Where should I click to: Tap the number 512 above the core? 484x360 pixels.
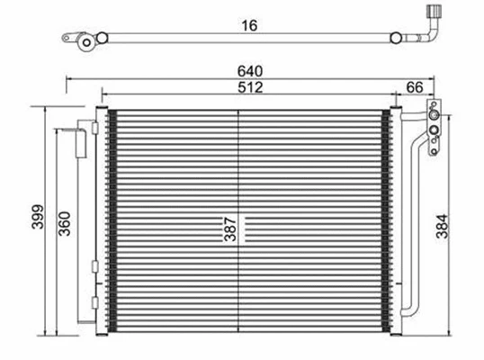(x=250, y=87)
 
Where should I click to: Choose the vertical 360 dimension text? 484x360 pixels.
(x=66, y=222)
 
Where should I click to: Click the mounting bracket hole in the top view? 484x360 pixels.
(x=83, y=41)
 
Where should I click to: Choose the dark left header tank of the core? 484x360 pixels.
(x=112, y=220)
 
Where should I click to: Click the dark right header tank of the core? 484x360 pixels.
(x=391, y=220)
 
